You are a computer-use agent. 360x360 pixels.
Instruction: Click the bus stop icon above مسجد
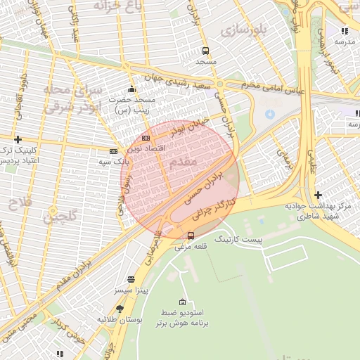click(205, 51)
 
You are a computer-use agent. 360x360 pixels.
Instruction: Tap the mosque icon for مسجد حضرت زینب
click(131, 89)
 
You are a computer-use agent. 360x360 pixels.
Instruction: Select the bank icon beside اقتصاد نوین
click(146, 138)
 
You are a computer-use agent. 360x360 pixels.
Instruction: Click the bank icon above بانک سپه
click(113, 150)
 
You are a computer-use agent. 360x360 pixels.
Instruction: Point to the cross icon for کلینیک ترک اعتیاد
click(18, 139)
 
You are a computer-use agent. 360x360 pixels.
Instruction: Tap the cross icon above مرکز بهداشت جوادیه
click(318, 195)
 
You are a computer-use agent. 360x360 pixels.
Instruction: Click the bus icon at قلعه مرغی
click(191, 236)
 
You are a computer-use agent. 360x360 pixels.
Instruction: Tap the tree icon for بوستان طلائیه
click(120, 309)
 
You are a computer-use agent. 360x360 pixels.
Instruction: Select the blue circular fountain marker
click(269, 113)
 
